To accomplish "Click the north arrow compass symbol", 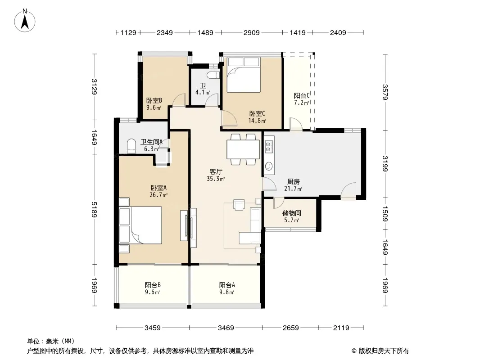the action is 25,20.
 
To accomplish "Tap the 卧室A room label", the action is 158,188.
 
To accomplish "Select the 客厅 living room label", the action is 216,172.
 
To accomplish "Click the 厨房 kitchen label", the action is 293,182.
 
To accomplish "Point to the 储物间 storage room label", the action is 291,213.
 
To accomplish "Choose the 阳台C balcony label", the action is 302,96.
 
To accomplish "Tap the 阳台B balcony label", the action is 153,285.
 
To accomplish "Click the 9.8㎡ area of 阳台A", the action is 226,292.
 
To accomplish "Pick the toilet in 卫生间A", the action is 131,146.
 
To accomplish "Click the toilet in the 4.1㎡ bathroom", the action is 213,75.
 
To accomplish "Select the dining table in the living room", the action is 243,149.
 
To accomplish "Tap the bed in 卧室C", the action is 243,75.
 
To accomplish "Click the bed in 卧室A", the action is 140,225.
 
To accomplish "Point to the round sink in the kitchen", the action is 269,166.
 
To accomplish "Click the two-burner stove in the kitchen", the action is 269,147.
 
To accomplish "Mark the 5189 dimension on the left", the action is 94,210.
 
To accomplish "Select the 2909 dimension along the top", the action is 252,32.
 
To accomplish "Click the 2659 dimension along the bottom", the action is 290,328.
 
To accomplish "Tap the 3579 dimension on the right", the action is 385,92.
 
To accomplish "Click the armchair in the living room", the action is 239,205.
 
